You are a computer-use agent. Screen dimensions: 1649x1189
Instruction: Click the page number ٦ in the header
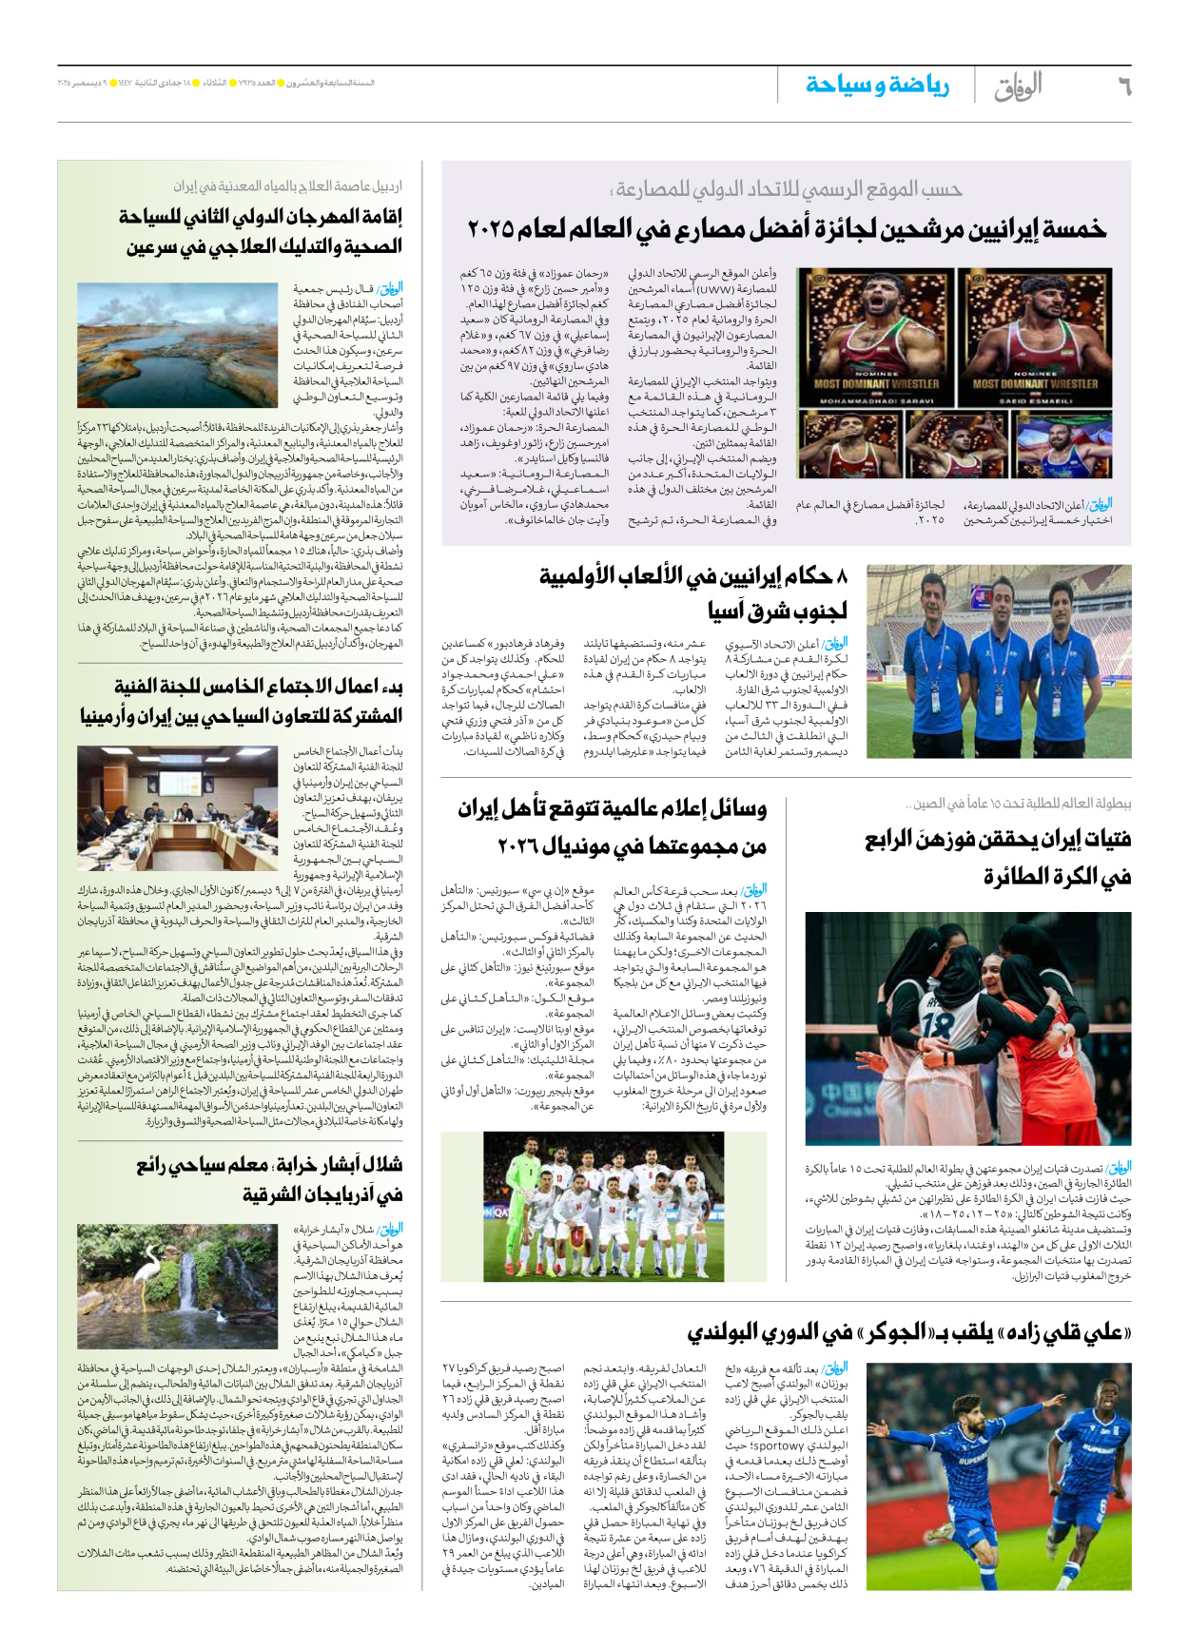pos(1123,87)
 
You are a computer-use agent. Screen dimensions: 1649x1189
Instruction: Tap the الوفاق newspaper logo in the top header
pos(1019,87)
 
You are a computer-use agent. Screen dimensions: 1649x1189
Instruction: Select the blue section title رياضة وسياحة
pos(877,86)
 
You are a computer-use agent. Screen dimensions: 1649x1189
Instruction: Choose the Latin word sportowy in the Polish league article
pos(778,1445)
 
